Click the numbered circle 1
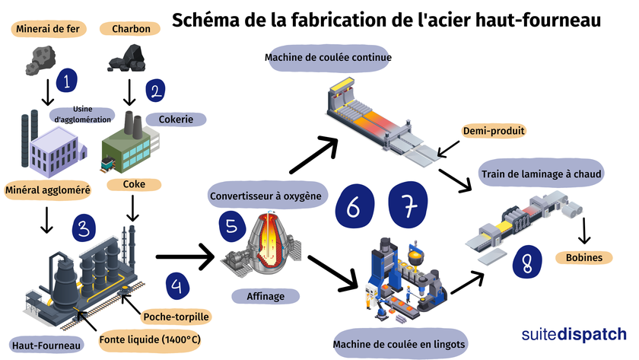[x=69, y=79]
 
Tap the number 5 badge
[x=229, y=225]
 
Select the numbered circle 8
[x=526, y=263]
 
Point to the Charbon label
[x=136, y=30]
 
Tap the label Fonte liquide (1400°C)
[x=150, y=339]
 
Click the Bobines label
[x=584, y=257]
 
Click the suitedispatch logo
[x=574, y=335]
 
